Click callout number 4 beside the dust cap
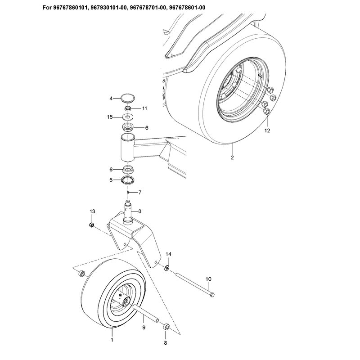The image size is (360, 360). pos(111,99)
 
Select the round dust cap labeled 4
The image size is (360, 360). pos(128,98)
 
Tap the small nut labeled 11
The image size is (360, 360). pos(128,108)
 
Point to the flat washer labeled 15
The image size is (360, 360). pos(128,117)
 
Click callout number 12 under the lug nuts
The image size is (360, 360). pos(267,130)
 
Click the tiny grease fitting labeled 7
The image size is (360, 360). pos(128,193)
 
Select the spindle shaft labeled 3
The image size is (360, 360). pos(128,211)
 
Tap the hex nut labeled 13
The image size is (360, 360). pos(92,225)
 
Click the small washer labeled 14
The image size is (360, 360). pos(167,268)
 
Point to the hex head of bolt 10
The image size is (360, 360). pos(212,295)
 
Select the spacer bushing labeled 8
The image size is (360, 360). pos(166,327)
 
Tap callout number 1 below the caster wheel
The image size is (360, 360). pos(112,340)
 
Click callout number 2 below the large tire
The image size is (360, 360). pos(232,157)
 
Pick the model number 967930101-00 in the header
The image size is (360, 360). pos(108,8)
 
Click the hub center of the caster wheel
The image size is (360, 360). pos(126,301)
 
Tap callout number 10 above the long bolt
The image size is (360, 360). pos(208,279)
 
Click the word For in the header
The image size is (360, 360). pos(47,8)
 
